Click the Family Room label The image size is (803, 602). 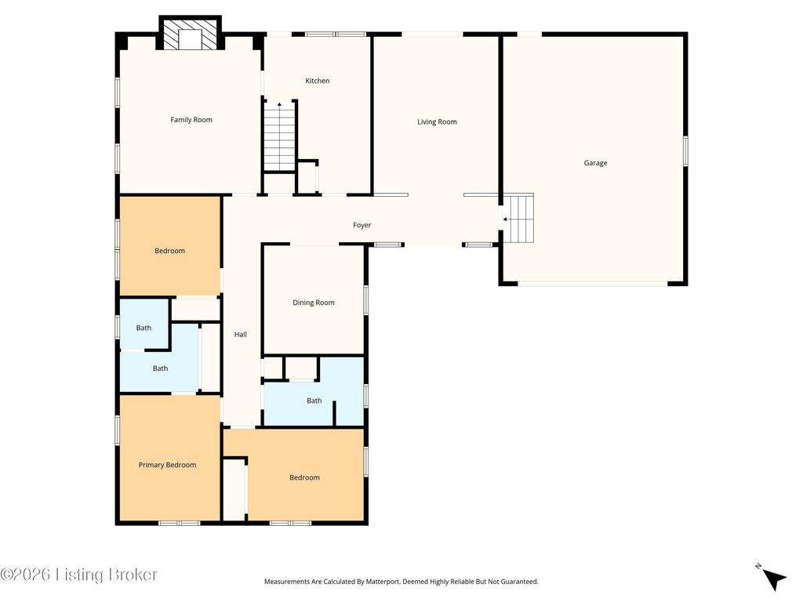[x=191, y=120]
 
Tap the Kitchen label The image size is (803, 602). [x=318, y=81]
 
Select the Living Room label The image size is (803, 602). [x=437, y=121]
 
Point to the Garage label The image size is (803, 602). [x=596, y=163]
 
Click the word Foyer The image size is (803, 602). [x=362, y=225]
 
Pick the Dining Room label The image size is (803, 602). [x=314, y=303]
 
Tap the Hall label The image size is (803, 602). [x=241, y=334]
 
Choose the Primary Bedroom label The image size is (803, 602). [x=168, y=466]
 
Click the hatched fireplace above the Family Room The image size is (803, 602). [x=190, y=34]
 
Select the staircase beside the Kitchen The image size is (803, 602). [x=280, y=136]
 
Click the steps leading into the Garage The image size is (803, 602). [x=518, y=218]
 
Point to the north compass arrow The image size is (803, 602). [x=773, y=578]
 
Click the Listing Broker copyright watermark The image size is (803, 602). [x=79, y=575]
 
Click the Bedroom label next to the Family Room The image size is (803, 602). [x=169, y=251]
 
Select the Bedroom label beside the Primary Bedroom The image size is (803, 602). [x=305, y=477]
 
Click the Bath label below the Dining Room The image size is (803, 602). [x=314, y=401]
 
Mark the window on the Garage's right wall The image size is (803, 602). [x=685, y=151]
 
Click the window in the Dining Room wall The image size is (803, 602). [x=366, y=299]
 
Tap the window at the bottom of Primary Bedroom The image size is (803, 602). [x=180, y=523]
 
